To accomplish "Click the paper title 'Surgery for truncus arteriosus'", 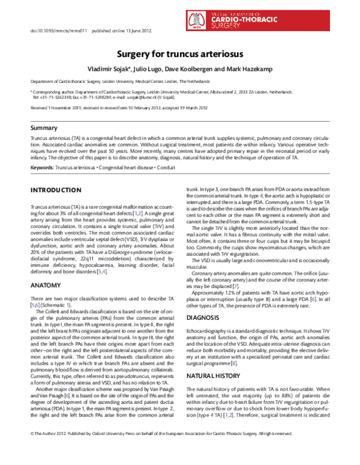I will coord(179,53).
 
